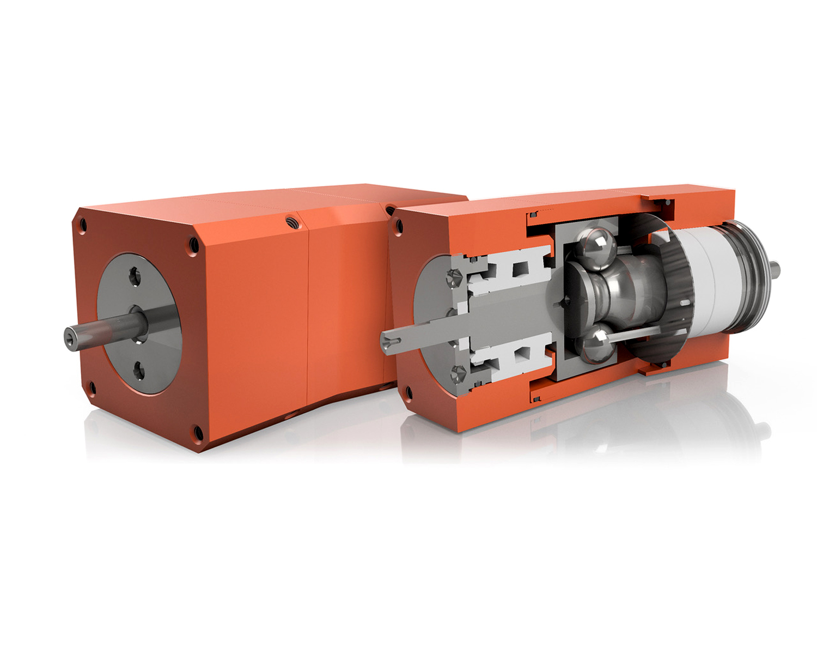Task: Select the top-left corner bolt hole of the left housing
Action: (x=82, y=224)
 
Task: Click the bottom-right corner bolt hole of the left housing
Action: (x=197, y=433)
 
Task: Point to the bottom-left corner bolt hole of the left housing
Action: (x=92, y=387)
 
